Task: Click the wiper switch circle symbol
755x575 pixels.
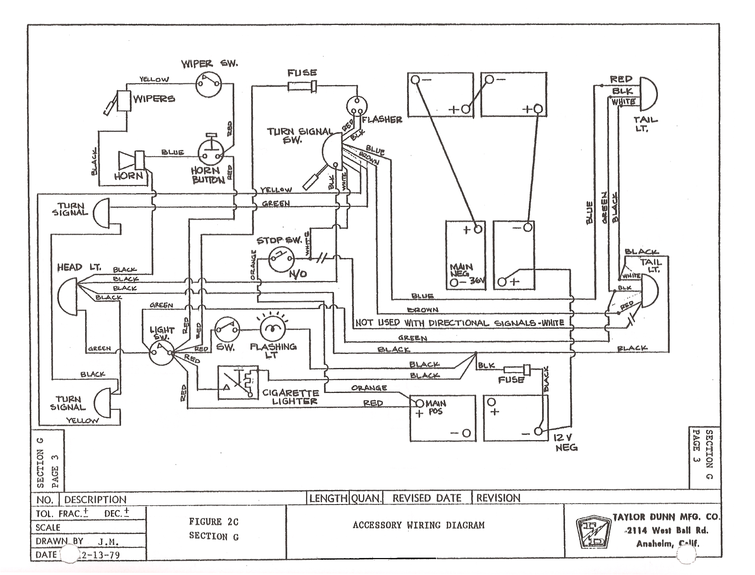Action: click(x=209, y=84)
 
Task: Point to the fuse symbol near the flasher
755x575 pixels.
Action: click(x=302, y=86)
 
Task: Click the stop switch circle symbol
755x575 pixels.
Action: click(x=281, y=258)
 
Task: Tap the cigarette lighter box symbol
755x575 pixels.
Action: click(x=238, y=382)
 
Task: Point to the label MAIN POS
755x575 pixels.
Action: click(x=435, y=407)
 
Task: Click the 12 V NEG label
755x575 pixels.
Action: click(x=566, y=443)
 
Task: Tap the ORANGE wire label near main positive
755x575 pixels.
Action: click(x=369, y=388)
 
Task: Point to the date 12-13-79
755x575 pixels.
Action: click(x=100, y=555)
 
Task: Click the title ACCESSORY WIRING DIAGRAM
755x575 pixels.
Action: click(x=418, y=525)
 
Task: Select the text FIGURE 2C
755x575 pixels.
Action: click(x=213, y=522)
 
